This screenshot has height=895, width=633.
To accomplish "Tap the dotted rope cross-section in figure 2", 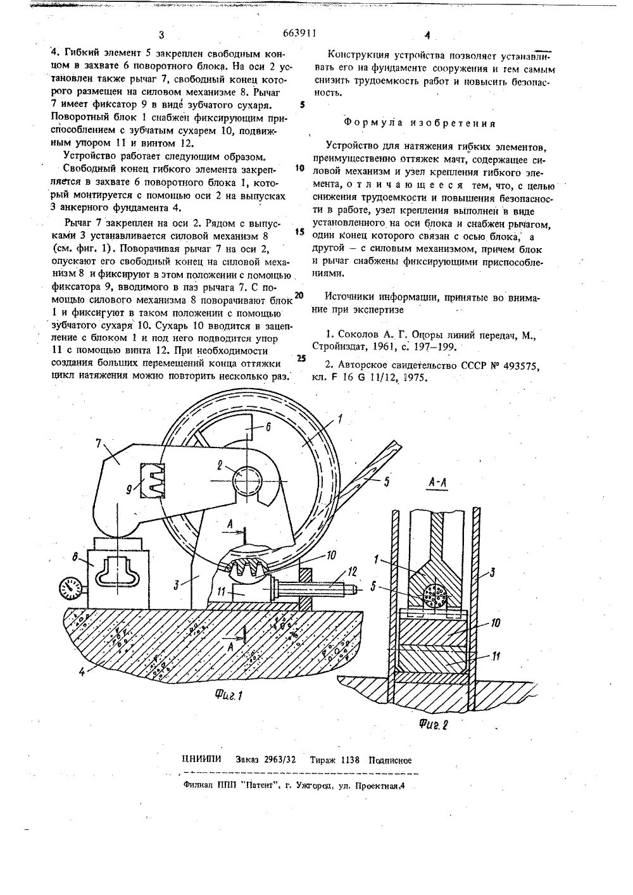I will coord(435,597).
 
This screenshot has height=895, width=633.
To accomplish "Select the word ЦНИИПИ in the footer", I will coord(201,760).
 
